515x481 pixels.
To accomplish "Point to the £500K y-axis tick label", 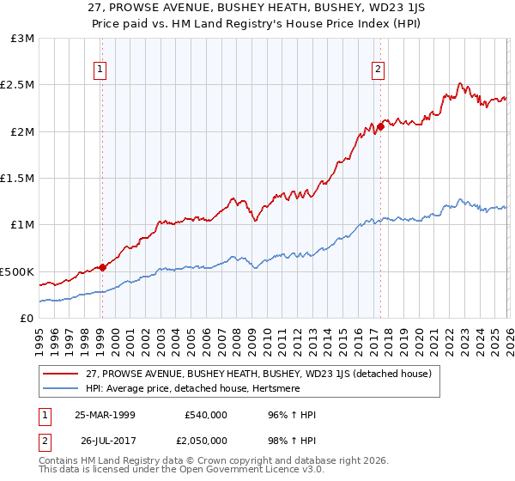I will point(18,271).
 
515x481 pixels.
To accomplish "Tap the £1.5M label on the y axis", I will point(18,179).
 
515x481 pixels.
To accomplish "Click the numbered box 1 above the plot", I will point(101,70).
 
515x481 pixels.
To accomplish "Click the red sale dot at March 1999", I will point(102,267).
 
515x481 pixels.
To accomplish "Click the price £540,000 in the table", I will point(205,415).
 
